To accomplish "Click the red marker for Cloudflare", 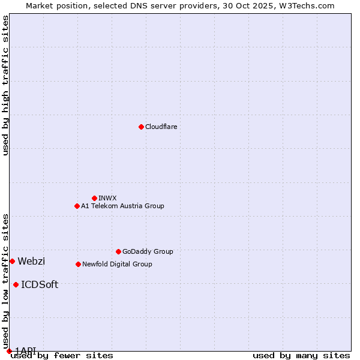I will (x=141, y=127).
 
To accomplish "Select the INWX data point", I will (x=94, y=198).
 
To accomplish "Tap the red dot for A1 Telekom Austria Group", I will (x=77, y=206).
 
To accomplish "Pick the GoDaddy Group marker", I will (x=118, y=251).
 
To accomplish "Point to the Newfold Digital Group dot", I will (x=78, y=264).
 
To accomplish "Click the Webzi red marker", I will (x=12, y=261).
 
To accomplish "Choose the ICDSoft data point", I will (x=16, y=284).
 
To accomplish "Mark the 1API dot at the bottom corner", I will (x=9, y=351).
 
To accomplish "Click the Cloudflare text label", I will (x=161, y=127).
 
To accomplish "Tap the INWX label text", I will (x=107, y=198).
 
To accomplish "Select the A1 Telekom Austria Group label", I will (x=122, y=206).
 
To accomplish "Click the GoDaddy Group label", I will (x=148, y=251).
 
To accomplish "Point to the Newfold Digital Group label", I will (x=117, y=264).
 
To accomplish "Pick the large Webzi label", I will (x=31, y=261).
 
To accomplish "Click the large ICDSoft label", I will (x=40, y=284).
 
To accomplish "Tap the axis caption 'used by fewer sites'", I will (x=62, y=356).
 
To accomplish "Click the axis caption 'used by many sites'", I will (x=301, y=356).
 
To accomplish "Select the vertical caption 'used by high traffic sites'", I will (x=5, y=85).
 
